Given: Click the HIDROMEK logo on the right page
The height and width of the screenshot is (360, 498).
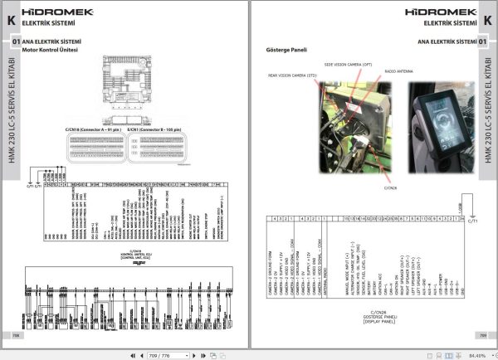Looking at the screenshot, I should coord(441,12).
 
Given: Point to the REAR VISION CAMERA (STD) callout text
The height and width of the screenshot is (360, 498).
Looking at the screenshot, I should coord(289,75).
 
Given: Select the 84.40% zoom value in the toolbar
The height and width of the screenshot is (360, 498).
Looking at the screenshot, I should coord(476,355).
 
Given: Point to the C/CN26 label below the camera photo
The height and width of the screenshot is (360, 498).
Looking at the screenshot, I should coord(390,187).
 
